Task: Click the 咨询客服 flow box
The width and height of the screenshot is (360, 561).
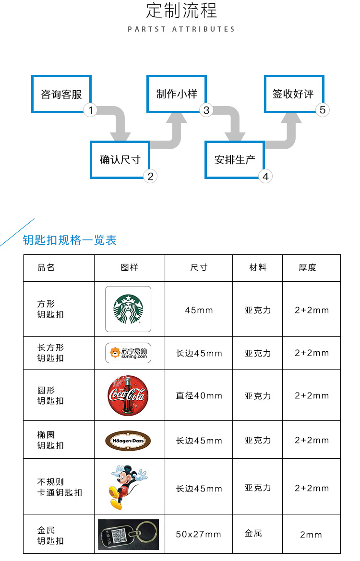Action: [x=61, y=94]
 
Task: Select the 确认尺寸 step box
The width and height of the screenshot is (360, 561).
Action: [x=120, y=160]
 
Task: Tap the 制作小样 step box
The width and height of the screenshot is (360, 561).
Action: [x=177, y=94]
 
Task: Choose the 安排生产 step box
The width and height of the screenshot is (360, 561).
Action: [x=234, y=160]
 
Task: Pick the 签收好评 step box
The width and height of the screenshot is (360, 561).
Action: [x=293, y=94]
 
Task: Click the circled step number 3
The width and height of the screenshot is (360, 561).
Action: [x=206, y=110]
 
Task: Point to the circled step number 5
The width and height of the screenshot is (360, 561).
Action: [x=323, y=110]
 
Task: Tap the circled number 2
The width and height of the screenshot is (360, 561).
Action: [x=150, y=177]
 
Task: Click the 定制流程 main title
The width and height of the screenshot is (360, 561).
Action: [x=181, y=11]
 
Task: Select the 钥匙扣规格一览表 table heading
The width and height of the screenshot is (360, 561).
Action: [x=70, y=240]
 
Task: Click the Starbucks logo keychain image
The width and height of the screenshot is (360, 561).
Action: [x=128, y=309]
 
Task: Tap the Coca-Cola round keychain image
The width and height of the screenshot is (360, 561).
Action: [x=128, y=395]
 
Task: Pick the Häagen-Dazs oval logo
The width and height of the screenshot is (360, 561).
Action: [x=128, y=440]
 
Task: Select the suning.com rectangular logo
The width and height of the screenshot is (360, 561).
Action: [x=128, y=353]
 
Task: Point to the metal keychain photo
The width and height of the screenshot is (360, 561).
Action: [x=128, y=534]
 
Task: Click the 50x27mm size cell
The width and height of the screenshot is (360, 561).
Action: [x=198, y=534]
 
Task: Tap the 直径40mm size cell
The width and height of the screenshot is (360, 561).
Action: [x=199, y=396]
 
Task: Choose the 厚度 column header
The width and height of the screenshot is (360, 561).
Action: [x=307, y=268]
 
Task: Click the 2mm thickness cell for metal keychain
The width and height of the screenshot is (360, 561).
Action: [x=311, y=535]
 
